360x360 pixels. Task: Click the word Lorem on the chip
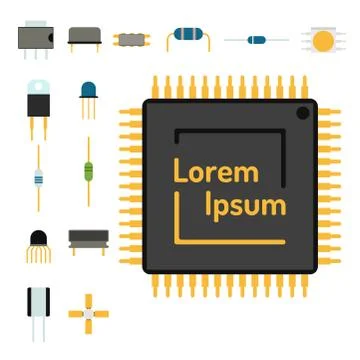[215, 172]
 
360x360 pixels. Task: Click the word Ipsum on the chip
[245, 207]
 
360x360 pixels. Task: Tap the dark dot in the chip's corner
[302, 114]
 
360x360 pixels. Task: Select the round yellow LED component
[322, 40]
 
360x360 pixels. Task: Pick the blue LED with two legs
[89, 93]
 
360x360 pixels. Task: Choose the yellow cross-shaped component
[88, 312]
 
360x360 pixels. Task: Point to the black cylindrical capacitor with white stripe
[39, 301]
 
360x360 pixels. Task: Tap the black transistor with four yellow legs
[38, 241]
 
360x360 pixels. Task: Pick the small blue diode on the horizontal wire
[257, 41]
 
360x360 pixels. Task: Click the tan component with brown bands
[130, 40]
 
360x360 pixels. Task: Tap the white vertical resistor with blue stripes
[38, 179]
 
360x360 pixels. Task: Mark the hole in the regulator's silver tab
[39, 85]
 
